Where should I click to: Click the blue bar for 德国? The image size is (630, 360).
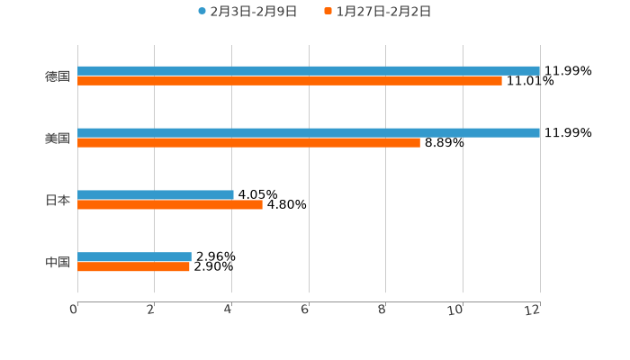pos(309,70)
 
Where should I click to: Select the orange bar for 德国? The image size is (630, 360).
pos(290,81)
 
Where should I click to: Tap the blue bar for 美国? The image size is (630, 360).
pos(309,132)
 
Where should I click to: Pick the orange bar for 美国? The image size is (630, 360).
pos(248,143)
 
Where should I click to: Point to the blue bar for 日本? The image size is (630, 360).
pos(156,194)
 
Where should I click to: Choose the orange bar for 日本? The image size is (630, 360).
pos(170,205)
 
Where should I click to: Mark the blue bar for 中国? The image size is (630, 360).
pos(134,256)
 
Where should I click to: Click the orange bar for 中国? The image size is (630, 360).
pos(133,267)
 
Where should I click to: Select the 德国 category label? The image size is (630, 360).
pos(58,76)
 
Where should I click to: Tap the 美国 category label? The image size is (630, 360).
pos(58,138)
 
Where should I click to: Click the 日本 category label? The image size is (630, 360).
pos(58,200)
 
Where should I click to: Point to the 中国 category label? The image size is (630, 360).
pos(58,262)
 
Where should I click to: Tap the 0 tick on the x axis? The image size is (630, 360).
pos(74,310)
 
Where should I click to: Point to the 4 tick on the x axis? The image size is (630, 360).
pos(229,310)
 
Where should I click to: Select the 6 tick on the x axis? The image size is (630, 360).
pos(305,310)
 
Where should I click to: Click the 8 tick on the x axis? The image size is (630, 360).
pos(382,310)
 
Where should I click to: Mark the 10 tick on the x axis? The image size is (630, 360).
pos(456,310)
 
